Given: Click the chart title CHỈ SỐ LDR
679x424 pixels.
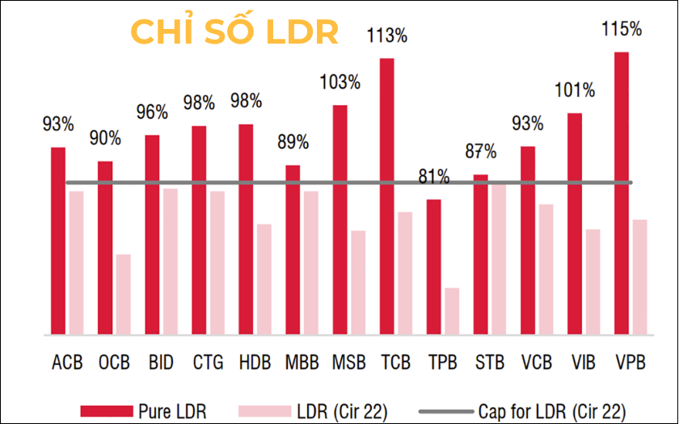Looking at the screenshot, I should pos(234,32).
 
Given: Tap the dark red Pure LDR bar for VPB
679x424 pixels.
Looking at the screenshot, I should pos(622,193).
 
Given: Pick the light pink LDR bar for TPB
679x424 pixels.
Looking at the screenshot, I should pos(451,311).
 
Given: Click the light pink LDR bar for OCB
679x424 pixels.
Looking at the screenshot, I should pos(123,294).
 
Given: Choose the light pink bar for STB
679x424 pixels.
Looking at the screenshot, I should pos(498,259).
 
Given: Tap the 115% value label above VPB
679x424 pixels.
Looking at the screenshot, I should pos(622,29).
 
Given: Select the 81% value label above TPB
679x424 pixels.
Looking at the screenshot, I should pos(434,177).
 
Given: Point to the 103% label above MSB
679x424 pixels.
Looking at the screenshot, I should pos(340,82).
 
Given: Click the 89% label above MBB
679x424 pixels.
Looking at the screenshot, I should pos(293,142).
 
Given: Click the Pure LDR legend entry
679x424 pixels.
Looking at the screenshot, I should pos(170,409).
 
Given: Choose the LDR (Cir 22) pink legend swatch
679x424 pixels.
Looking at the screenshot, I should pos(261,409).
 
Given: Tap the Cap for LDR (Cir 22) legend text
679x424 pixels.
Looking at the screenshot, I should pos(552,409).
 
